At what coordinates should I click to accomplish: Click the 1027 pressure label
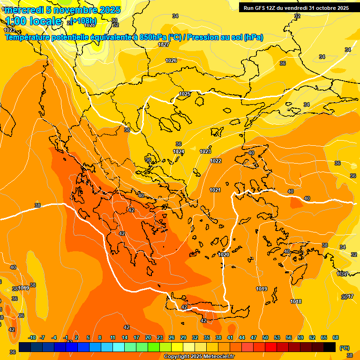[164, 45]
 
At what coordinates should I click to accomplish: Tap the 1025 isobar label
[185, 94]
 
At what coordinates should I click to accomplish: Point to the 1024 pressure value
[179, 151]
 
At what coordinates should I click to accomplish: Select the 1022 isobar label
[216, 161]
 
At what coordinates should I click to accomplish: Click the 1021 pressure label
[215, 190]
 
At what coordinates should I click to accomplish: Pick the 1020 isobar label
[224, 255]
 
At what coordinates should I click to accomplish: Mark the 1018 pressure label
[296, 301]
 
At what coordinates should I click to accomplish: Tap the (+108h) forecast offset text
[84, 21]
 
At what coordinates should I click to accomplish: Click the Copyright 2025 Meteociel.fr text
[199, 357]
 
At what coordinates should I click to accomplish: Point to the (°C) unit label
[344, 348]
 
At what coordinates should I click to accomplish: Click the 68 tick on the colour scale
[336, 337]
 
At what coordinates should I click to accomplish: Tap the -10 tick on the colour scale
[32, 337]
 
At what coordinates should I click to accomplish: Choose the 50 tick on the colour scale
[265, 337]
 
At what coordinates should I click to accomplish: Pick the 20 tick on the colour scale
[148, 337]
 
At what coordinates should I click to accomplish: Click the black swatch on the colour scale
[330, 347]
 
